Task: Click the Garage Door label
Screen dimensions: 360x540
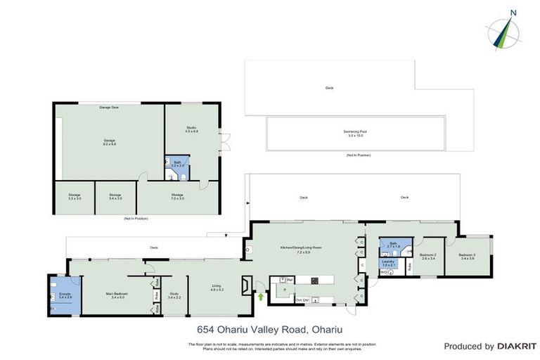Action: click(x=109, y=108)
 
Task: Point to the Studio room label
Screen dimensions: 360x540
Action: click(x=191, y=128)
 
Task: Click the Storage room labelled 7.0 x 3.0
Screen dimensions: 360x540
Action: click(x=177, y=197)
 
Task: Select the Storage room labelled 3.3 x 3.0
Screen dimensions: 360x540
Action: click(x=75, y=197)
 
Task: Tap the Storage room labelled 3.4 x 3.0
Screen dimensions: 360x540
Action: click(x=115, y=197)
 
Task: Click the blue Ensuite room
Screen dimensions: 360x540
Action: click(x=65, y=296)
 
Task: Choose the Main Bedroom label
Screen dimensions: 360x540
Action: click(x=116, y=296)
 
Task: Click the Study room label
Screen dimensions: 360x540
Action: click(x=174, y=296)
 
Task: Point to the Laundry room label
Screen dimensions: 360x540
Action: click(x=389, y=262)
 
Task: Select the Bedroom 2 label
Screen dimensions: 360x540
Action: click(x=427, y=257)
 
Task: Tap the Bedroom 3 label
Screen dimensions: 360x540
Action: click(x=467, y=257)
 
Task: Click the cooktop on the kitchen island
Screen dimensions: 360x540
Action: click(x=316, y=281)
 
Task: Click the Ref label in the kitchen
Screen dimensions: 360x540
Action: click(x=290, y=280)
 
